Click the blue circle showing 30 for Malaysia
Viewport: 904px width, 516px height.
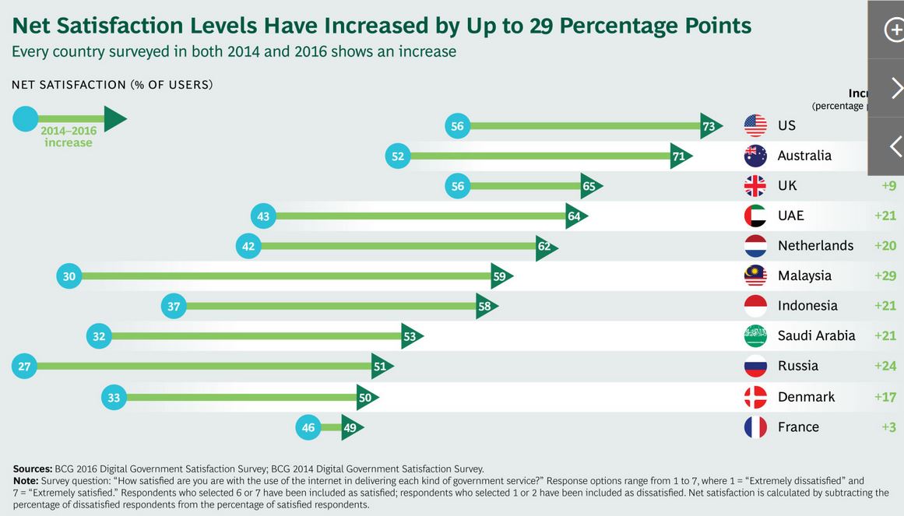69,276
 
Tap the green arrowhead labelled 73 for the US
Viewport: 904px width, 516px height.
709,125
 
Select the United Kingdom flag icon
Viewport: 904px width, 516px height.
755,185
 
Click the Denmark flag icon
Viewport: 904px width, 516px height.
755,397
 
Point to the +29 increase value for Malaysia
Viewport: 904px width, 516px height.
884,276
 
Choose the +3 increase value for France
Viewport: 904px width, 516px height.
887,426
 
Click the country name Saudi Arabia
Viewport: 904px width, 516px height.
816,335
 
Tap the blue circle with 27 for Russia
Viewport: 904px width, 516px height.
24,366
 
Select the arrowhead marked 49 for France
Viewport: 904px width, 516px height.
351,427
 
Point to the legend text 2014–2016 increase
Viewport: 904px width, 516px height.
69,137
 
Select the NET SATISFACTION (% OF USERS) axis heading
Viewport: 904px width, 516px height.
112,85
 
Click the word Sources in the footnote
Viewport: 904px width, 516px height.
33,469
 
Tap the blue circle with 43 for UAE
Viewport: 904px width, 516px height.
263,216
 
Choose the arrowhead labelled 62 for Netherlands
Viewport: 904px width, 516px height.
545,246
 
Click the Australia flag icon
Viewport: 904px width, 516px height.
755,156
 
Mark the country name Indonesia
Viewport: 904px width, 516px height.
807,306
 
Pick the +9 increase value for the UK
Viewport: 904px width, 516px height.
888,185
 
